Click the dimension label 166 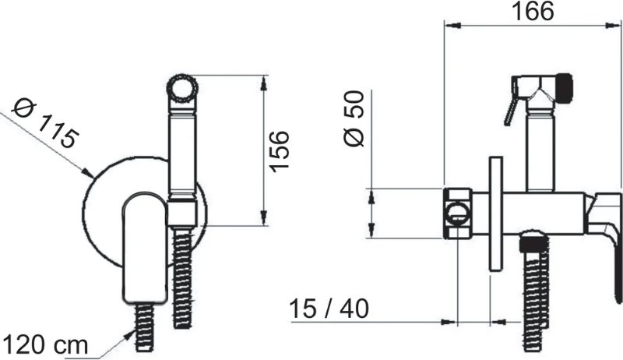(533, 11)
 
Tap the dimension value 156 (280, 151)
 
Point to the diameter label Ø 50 (353, 118)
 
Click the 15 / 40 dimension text (329, 309)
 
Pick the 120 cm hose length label (45, 344)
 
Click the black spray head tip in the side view (564, 86)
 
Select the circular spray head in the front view (182, 88)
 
